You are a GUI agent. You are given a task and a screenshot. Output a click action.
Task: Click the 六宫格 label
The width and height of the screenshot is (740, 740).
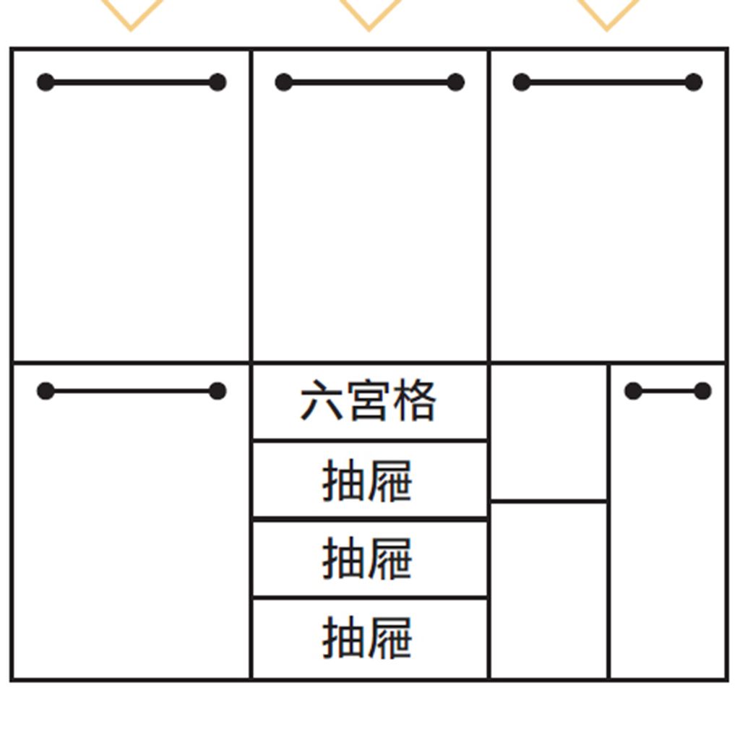click(x=368, y=401)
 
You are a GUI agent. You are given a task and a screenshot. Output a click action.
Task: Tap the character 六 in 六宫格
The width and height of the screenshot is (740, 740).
click(x=322, y=401)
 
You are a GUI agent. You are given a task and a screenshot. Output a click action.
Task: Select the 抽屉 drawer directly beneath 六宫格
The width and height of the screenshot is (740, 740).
click(x=370, y=480)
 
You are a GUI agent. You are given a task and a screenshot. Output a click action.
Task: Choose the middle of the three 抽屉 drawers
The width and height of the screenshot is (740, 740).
click(x=370, y=559)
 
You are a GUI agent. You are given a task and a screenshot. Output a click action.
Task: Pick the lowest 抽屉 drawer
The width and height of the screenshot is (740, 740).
click(x=370, y=639)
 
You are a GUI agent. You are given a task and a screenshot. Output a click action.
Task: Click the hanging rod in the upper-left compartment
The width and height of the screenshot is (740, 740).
click(x=132, y=82)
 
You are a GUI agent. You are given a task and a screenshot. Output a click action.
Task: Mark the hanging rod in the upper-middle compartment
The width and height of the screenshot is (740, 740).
click(x=369, y=82)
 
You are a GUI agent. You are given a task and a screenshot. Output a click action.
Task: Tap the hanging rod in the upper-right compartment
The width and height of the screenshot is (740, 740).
click(x=607, y=82)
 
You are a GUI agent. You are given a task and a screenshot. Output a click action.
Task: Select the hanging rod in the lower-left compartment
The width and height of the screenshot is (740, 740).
click(x=132, y=391)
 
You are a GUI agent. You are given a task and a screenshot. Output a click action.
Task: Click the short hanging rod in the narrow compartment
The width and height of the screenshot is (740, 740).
click(x=668, y=391)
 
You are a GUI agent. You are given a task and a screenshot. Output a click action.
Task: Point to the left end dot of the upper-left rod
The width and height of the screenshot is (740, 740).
click(x=46, y=82)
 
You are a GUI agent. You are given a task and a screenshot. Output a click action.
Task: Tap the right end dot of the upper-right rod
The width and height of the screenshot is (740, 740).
click(x=693, y=82)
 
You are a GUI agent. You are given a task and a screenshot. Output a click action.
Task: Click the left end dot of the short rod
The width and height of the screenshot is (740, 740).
click(x=633, y=391)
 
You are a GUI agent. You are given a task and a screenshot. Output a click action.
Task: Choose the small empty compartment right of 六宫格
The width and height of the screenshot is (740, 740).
click(x=548, y=431)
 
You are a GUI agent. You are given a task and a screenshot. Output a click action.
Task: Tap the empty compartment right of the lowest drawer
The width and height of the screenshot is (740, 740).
click(x=548, y=590)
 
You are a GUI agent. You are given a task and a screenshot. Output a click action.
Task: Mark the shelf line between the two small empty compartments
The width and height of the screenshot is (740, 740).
click(x=548, y=501)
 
